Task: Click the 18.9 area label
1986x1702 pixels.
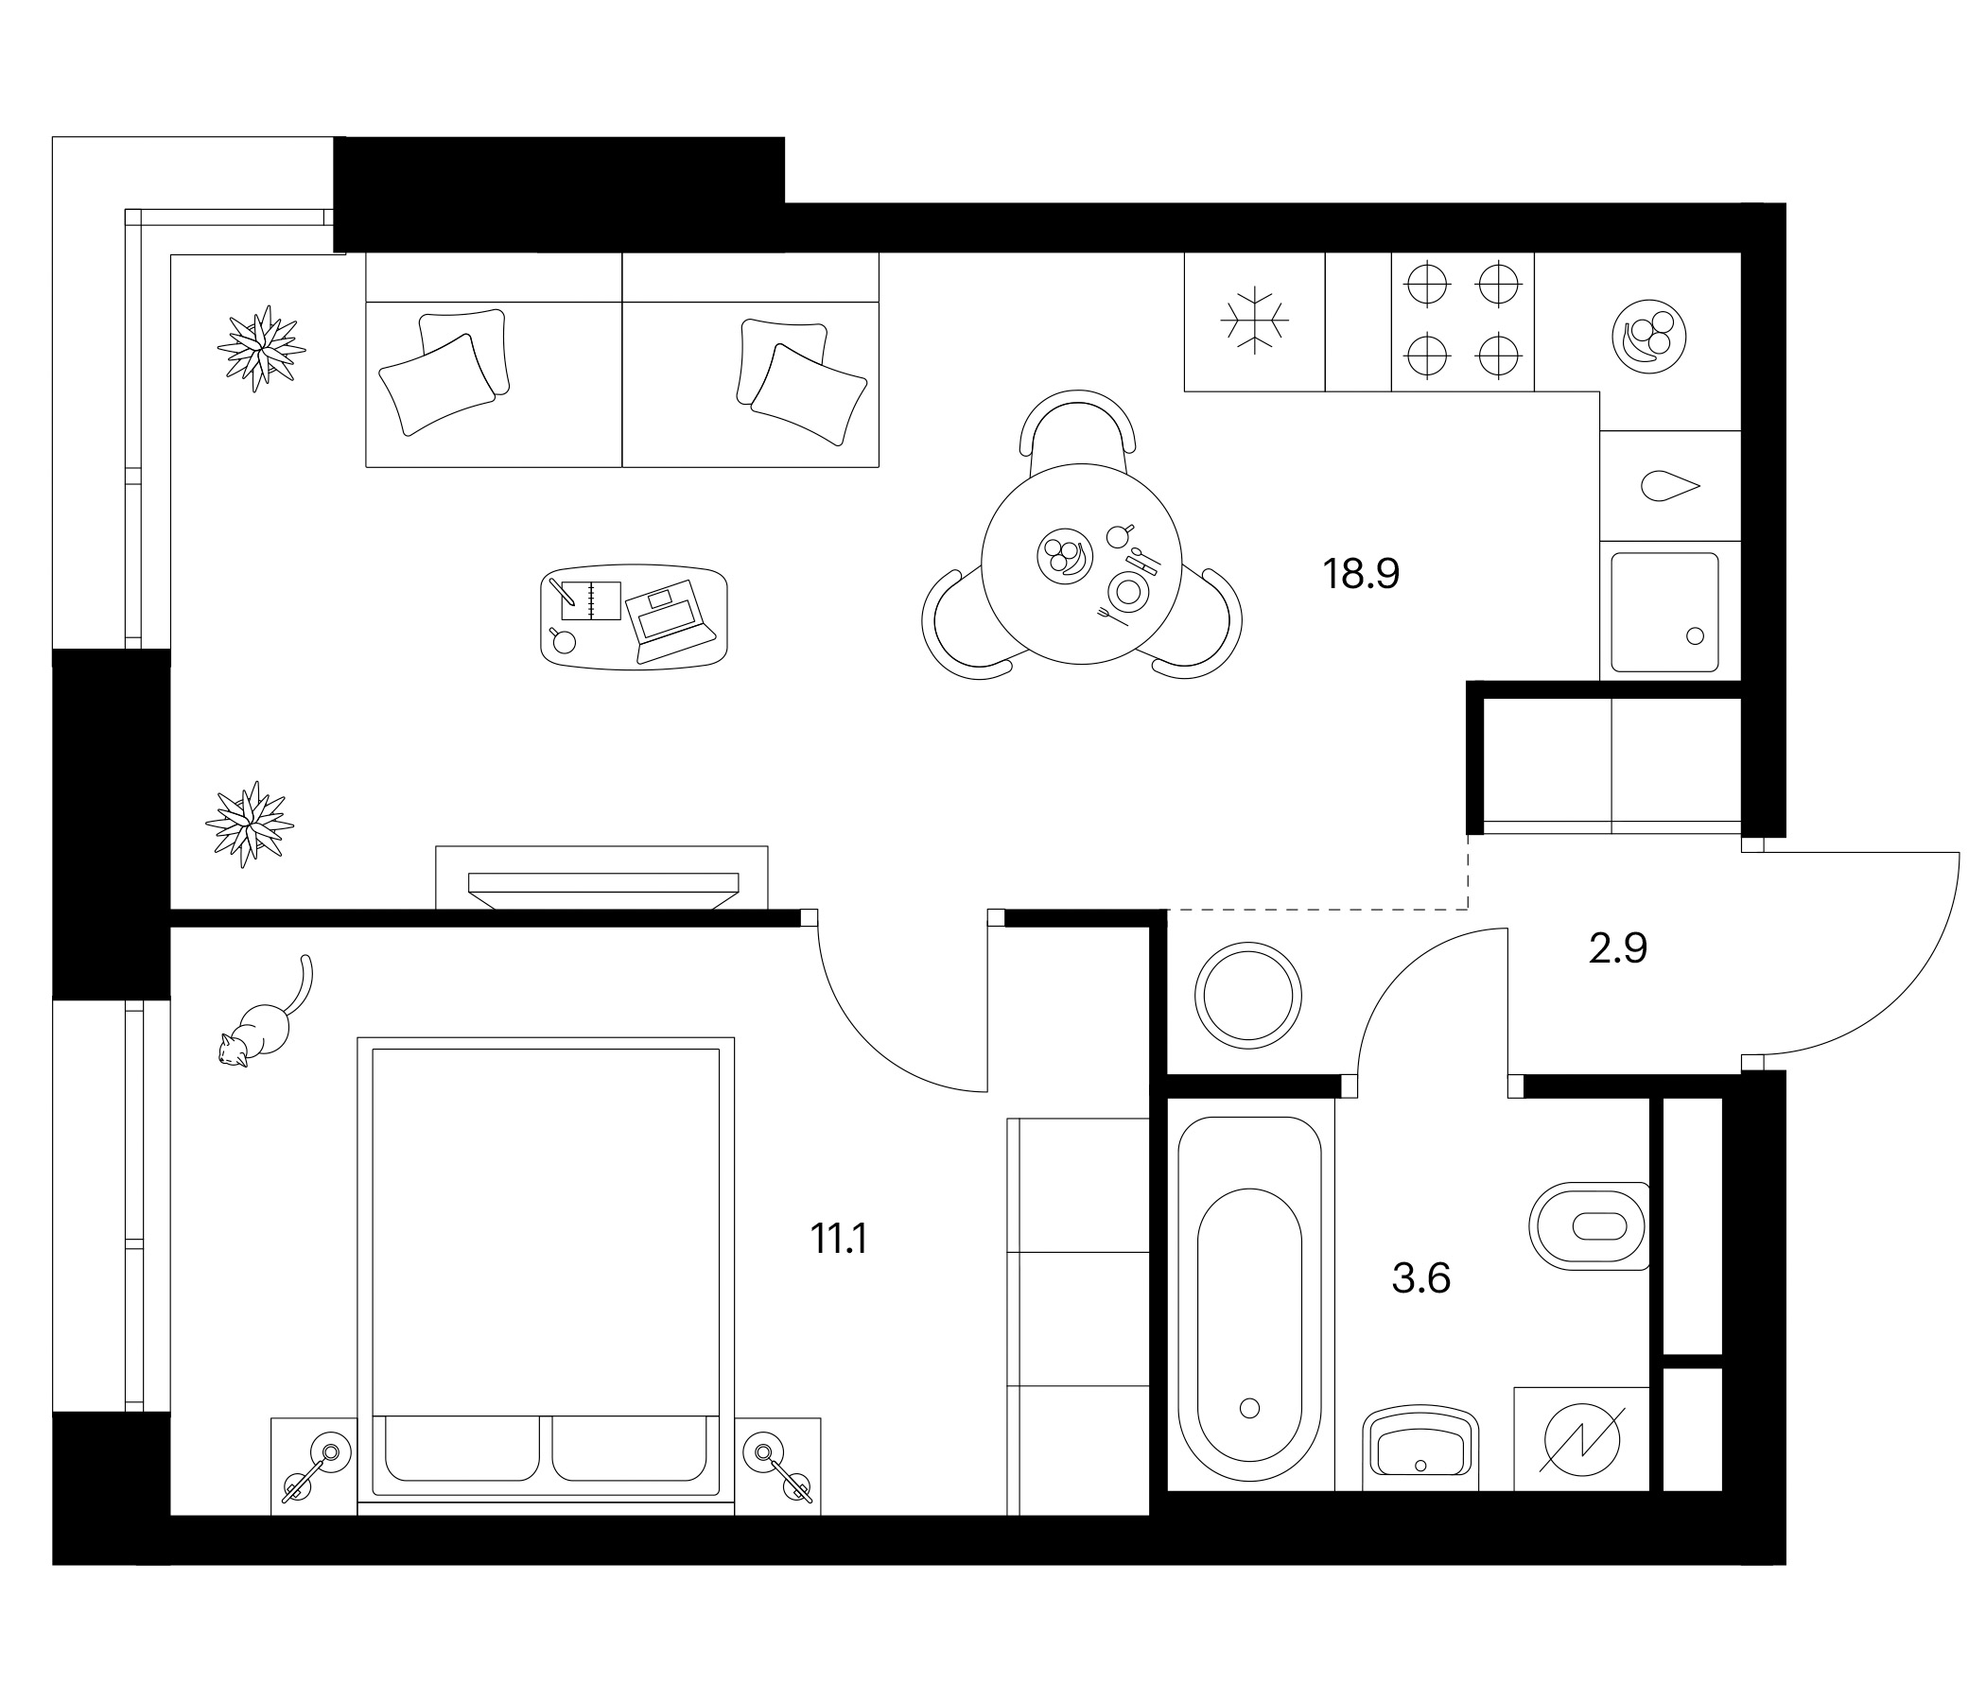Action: (x=1361, y=574)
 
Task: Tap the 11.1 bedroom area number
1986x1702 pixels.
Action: (x=839, y=1239)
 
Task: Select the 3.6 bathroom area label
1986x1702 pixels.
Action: (x=1420, y=1278)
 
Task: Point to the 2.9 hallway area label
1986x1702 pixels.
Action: (x=1618, y=948)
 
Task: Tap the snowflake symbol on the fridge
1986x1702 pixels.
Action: (x=1255, y=321)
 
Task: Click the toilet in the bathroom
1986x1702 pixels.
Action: (x=1588, y=1225)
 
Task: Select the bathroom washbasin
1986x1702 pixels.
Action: (x=1420, y=1448)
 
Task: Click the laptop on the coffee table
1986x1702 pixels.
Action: (x=671, y=621)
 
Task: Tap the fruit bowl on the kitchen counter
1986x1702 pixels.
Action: (x=1649, y=338)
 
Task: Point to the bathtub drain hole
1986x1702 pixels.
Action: (x=1249, y=1408)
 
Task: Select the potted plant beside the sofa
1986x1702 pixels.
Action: (x=261, y=348)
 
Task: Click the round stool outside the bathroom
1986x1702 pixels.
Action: (x=1248, y=996)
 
